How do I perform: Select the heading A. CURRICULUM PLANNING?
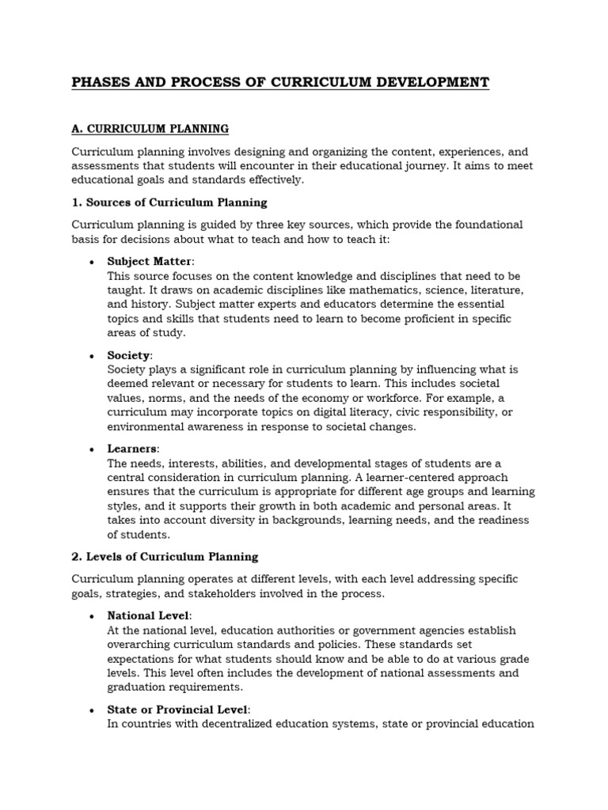[x=150, y=127]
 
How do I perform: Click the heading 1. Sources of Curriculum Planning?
[x=169, y=202]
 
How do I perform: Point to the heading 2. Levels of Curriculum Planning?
[x=165, y=557]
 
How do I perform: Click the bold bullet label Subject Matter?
[x=150, y=261]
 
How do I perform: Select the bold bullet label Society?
[x=128, y=355]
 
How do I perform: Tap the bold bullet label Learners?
[x=132, y=449]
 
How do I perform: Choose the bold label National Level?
[x=148, y=615]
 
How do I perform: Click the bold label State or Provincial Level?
[x=178, y=709]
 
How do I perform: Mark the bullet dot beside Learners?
[x=93, y=450]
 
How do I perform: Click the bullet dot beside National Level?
[x=93, y=616]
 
